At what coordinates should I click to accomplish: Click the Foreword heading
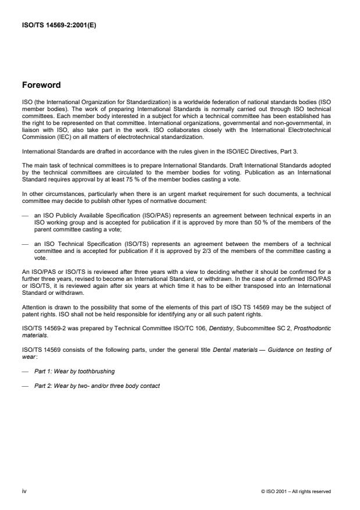click(x=41, y=85)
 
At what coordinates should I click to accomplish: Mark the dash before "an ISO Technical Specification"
click(x=24, y=244)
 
